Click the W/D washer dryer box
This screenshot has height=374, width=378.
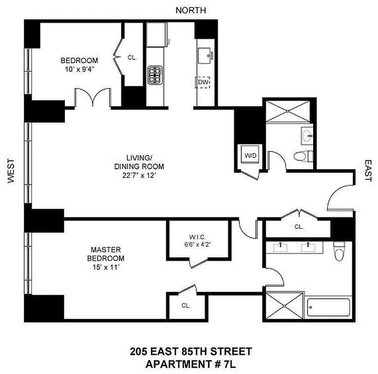tap(247, 155)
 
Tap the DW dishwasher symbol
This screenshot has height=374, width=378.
tap(203, 83)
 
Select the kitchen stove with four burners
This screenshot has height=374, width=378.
tap(154, 74)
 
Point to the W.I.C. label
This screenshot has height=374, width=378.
tap(198, 236)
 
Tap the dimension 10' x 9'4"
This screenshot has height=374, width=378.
tap(79, 69)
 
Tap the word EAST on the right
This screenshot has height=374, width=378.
tap(367, 172)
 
